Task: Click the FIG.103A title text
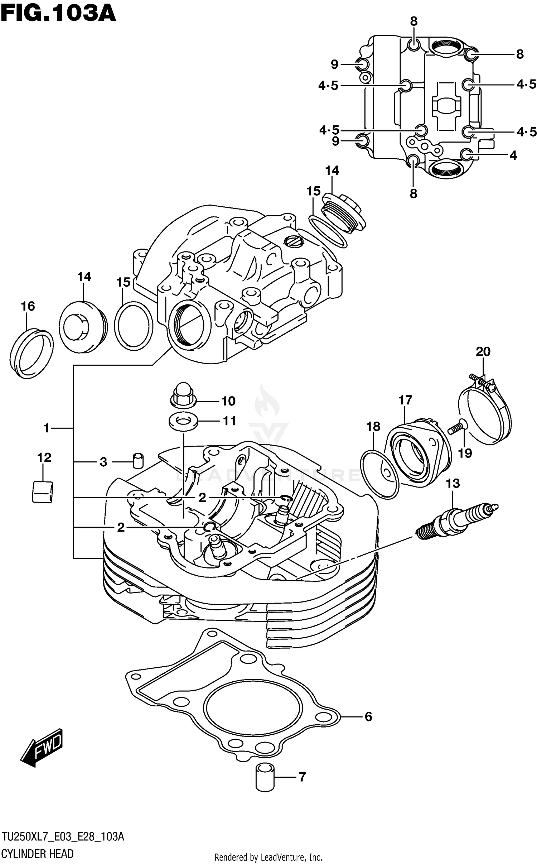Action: click(x=58, y=13)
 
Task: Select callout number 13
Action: click(x=453, y=483)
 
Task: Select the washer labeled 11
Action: click(x=183, y=421)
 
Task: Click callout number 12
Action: click(x=44, y=457)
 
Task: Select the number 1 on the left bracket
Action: click(x=46, y=428)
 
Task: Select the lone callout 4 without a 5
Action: click(x=513, y=155)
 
